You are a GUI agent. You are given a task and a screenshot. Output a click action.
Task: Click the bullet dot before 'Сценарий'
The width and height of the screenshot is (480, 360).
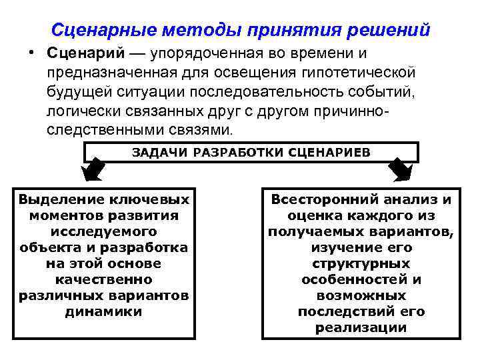coord(32,53)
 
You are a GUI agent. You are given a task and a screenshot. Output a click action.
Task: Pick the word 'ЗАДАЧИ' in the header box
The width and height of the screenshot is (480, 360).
coord(160,151)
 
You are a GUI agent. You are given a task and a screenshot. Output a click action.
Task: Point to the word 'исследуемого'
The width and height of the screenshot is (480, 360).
coord(104,231)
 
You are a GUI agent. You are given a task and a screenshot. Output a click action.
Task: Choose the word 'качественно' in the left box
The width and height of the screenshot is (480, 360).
coord(104,279)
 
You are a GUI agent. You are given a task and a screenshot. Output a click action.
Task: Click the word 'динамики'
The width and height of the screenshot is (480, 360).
coord(104,311)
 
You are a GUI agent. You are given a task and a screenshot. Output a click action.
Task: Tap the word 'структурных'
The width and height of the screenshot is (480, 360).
coord(361,263)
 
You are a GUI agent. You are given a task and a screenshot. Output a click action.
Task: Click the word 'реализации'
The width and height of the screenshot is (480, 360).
coord(361,327)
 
